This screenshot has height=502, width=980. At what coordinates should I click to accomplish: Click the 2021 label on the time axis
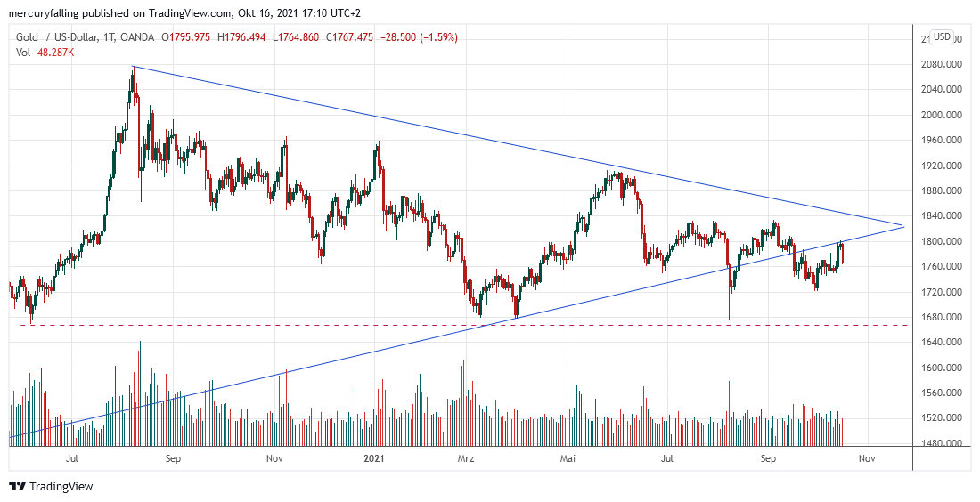point(374,458)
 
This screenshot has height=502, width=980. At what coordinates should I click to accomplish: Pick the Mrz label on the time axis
point(464,458)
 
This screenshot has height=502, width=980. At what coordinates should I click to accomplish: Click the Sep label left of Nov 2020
point(173,458)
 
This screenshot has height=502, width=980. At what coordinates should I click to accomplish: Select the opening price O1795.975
point(185,37)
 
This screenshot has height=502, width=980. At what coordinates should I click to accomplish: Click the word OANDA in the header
point(135,37)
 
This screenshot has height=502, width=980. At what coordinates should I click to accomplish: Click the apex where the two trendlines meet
point(903,226)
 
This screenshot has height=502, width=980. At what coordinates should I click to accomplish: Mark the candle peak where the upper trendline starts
point(133,67)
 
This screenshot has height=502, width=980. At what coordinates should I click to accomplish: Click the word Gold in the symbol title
point(28,37)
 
